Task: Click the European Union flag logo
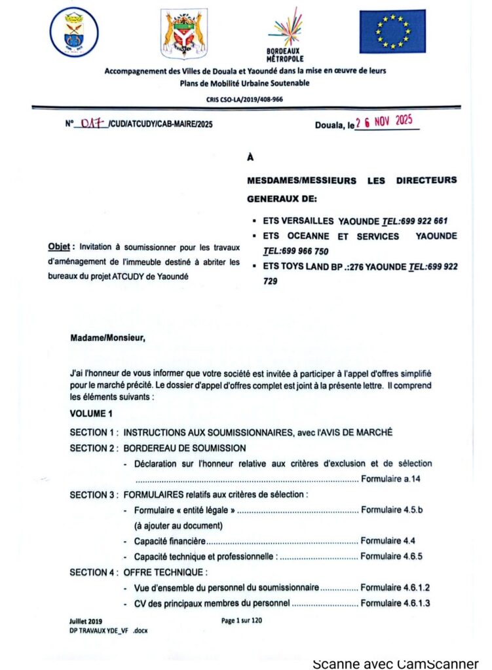[392, 31]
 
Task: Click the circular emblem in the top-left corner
[74, 32]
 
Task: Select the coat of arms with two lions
[184, 33]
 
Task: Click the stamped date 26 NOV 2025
[386, 122]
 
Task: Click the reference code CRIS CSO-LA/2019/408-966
[246, 99]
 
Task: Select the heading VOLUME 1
[91, 414]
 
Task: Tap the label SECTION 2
[92, 448]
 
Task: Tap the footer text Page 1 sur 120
[242, 621]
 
